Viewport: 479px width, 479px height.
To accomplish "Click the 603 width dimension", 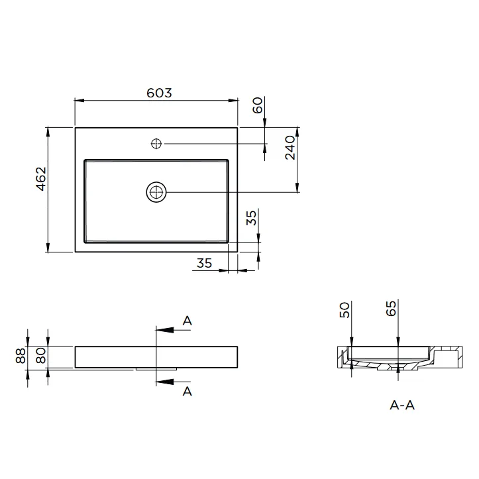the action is tap(159, 93).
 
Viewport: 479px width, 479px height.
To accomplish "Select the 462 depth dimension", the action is tap(41, 179).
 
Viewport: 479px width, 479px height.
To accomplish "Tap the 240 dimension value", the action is tap(290, 148).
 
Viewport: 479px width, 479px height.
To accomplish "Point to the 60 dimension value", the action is tap(258, 105).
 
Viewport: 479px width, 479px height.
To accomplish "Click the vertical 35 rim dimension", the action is tap(251, 218).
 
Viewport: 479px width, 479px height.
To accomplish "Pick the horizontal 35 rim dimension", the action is tap(204, 263).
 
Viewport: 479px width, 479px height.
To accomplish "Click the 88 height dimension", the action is tap(21, 356).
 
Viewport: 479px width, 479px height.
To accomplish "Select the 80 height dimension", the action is tap(41, 356).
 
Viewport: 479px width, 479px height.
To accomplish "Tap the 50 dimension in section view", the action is tap(345, 310).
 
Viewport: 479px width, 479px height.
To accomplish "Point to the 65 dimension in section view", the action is tap(391, 309).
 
